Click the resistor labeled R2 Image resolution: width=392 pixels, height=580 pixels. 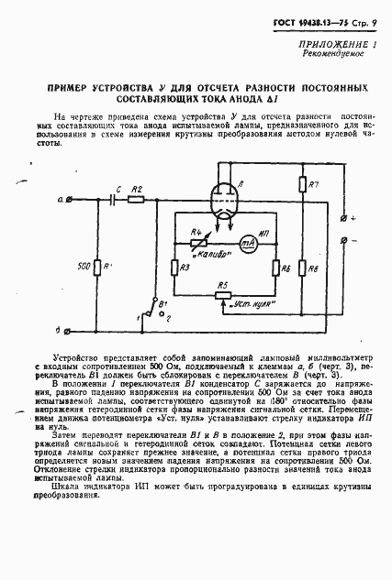pos(138,198)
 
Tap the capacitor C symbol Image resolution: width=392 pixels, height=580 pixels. pos(113,198)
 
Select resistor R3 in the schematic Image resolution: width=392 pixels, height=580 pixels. pos(174,267)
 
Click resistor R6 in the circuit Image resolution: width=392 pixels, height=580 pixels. pos(275,267)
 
